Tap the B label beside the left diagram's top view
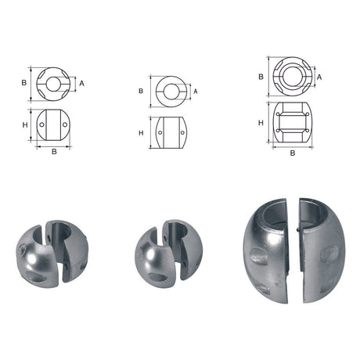(24, 81)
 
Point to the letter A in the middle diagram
(195, 91)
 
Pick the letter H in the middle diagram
(141, 132)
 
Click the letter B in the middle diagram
(141, 91)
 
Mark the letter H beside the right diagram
(260, 123)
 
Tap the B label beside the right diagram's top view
(260, 77)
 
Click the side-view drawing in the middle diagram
(169, 133)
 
